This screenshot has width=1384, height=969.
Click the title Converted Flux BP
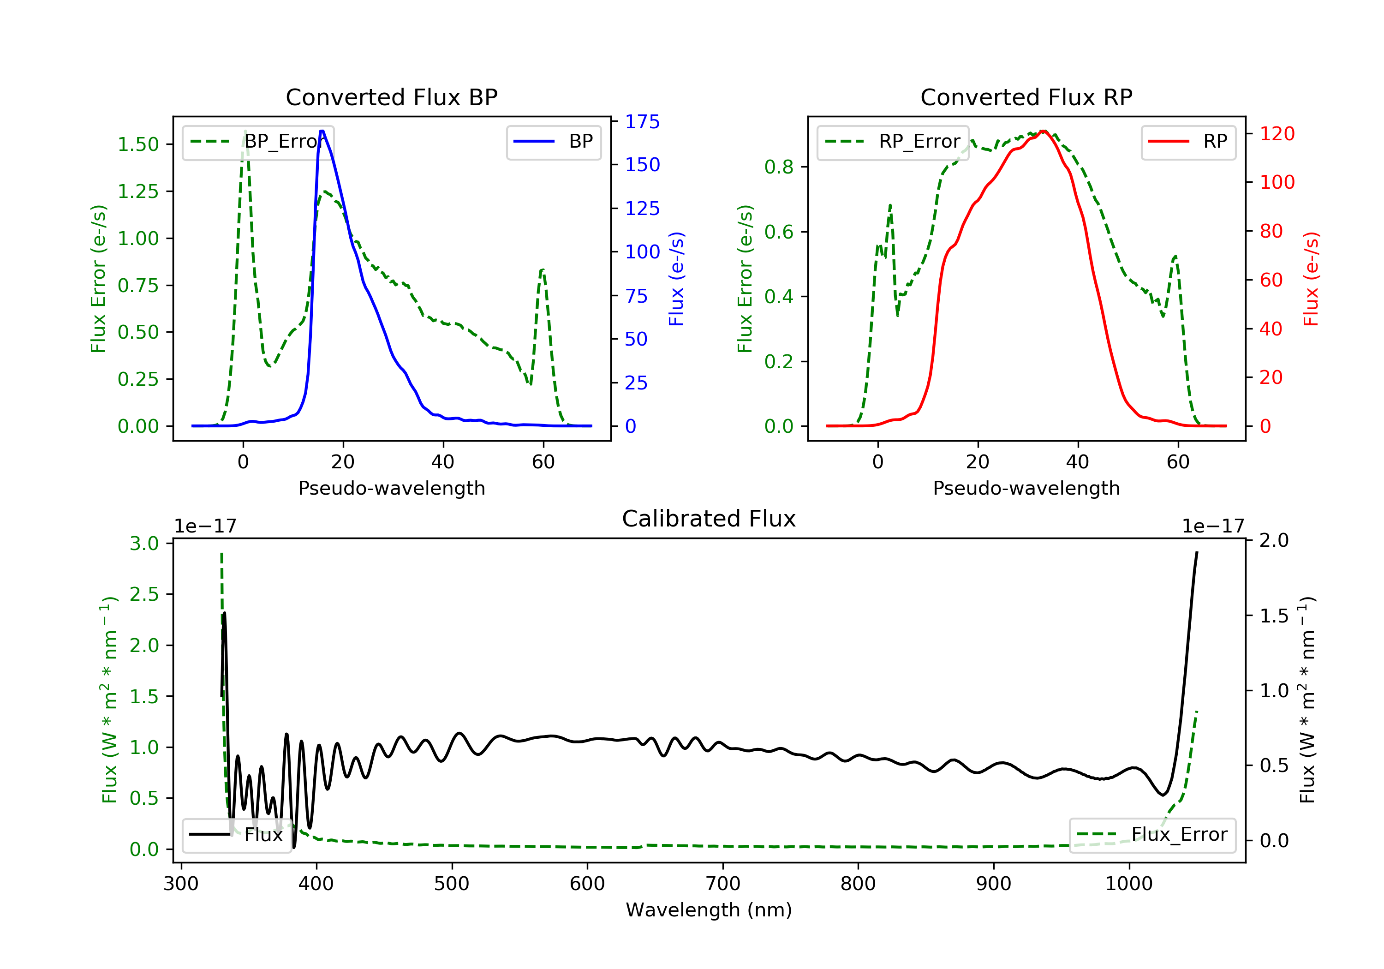(391, 97)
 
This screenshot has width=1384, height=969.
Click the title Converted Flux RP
(1026, 97)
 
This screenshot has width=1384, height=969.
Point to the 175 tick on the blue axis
(642, 122)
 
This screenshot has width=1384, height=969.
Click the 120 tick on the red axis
(1277, 134)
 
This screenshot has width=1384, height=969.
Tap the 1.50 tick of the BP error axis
(138, 145)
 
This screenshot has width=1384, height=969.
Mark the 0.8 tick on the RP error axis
(778, 167)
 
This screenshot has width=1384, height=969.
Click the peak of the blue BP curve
(322, 131)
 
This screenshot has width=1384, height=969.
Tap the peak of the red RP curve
(1044, 132)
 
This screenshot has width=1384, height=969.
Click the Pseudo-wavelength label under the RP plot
(1026, 488)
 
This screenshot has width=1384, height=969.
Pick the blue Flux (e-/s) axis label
(676, 279)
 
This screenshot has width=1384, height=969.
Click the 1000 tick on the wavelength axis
(1128, 884)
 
